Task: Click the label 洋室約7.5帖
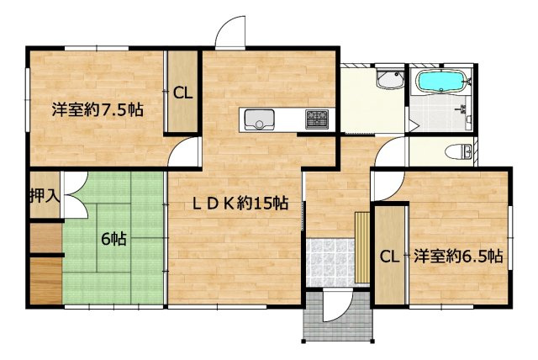pos(96,109)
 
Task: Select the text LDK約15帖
pos(239,204)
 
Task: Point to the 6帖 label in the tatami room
pos(114,239)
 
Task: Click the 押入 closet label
pos(44,198)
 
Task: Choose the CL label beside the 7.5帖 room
pos(182,93)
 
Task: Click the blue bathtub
pos(440,83)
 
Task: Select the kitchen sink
pos(259,121)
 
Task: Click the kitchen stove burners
pos(318,119)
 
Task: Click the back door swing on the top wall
pos(229,34)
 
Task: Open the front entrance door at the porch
pos(336,307)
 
